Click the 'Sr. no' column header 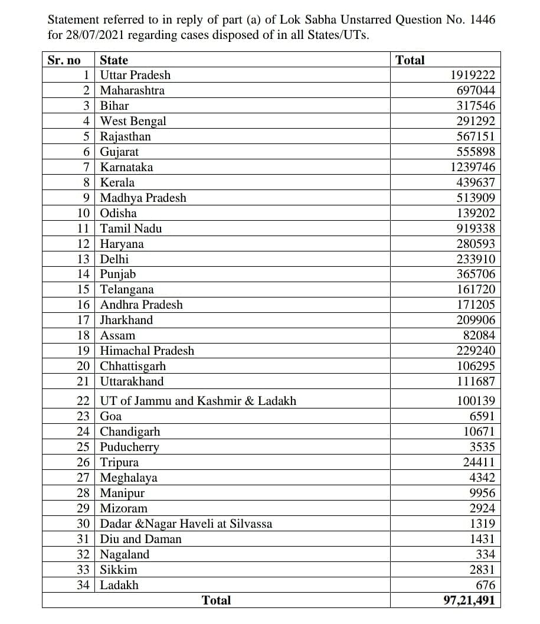[x=64, y=60]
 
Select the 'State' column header [x=114, y=60]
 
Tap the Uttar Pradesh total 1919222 [x=472, y=76]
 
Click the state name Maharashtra [x=132, y=91]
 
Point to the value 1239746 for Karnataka [x=472, y=168]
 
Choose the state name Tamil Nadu [x=130, y=229]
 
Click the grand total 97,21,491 [x=469, y=601]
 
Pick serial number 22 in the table [x=83, y=401]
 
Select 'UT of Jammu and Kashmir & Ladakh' [x=198, y=401]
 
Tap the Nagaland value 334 [x=485, y=555]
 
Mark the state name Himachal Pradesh [x=147, y=351]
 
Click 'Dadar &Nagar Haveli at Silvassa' [x=186, y=524]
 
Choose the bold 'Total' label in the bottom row [x=216, y=601]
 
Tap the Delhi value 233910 [x=476, y=260]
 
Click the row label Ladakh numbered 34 [x=119, y=586]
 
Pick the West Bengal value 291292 [x=476, y=122]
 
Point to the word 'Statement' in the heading [x=74, y=19]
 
